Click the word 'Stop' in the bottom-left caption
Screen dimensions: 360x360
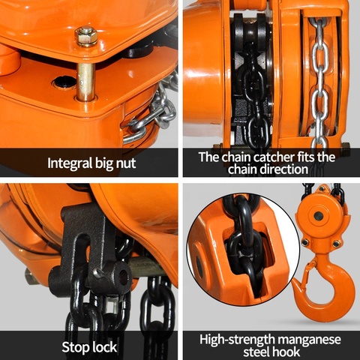pos(77,346)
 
